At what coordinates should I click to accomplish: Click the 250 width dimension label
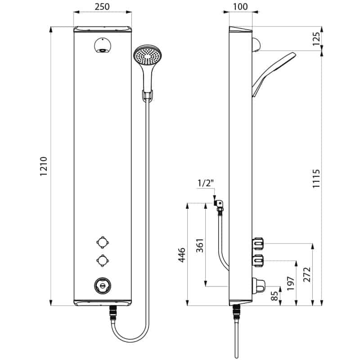point(102,7)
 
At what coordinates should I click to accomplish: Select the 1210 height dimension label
point(43,166)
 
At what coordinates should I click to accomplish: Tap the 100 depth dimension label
point(240,7)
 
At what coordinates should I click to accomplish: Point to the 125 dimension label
point(316,39)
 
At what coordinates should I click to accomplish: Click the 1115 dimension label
point(316,178)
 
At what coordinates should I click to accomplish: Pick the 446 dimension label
point(182,255)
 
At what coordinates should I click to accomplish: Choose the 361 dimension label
point(200,246)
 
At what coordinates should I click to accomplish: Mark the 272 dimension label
point(307,274)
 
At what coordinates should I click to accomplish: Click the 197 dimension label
point(291,283)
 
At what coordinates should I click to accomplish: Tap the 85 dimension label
point(274,296)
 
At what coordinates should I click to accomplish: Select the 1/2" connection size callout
point(206,184)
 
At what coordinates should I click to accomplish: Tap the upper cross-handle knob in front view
point(103,243)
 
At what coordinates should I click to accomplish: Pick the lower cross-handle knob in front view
point(103,261)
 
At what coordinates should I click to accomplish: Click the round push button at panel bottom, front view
point(103,286)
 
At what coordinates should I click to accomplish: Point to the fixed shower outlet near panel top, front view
point(103,45)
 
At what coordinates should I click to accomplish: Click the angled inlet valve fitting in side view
point(219,205)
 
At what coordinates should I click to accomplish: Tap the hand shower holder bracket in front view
point(148,95)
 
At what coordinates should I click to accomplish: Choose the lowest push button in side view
point(258,285)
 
